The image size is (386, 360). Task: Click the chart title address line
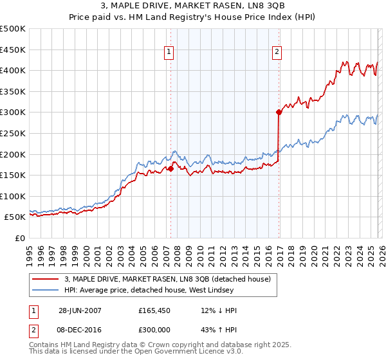[192, 6]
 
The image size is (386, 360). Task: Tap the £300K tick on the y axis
[13, 113]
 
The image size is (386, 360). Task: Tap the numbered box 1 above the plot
[169, 52]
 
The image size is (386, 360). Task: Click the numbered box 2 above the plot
[277, 52]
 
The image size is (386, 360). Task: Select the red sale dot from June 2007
[171, 169]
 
